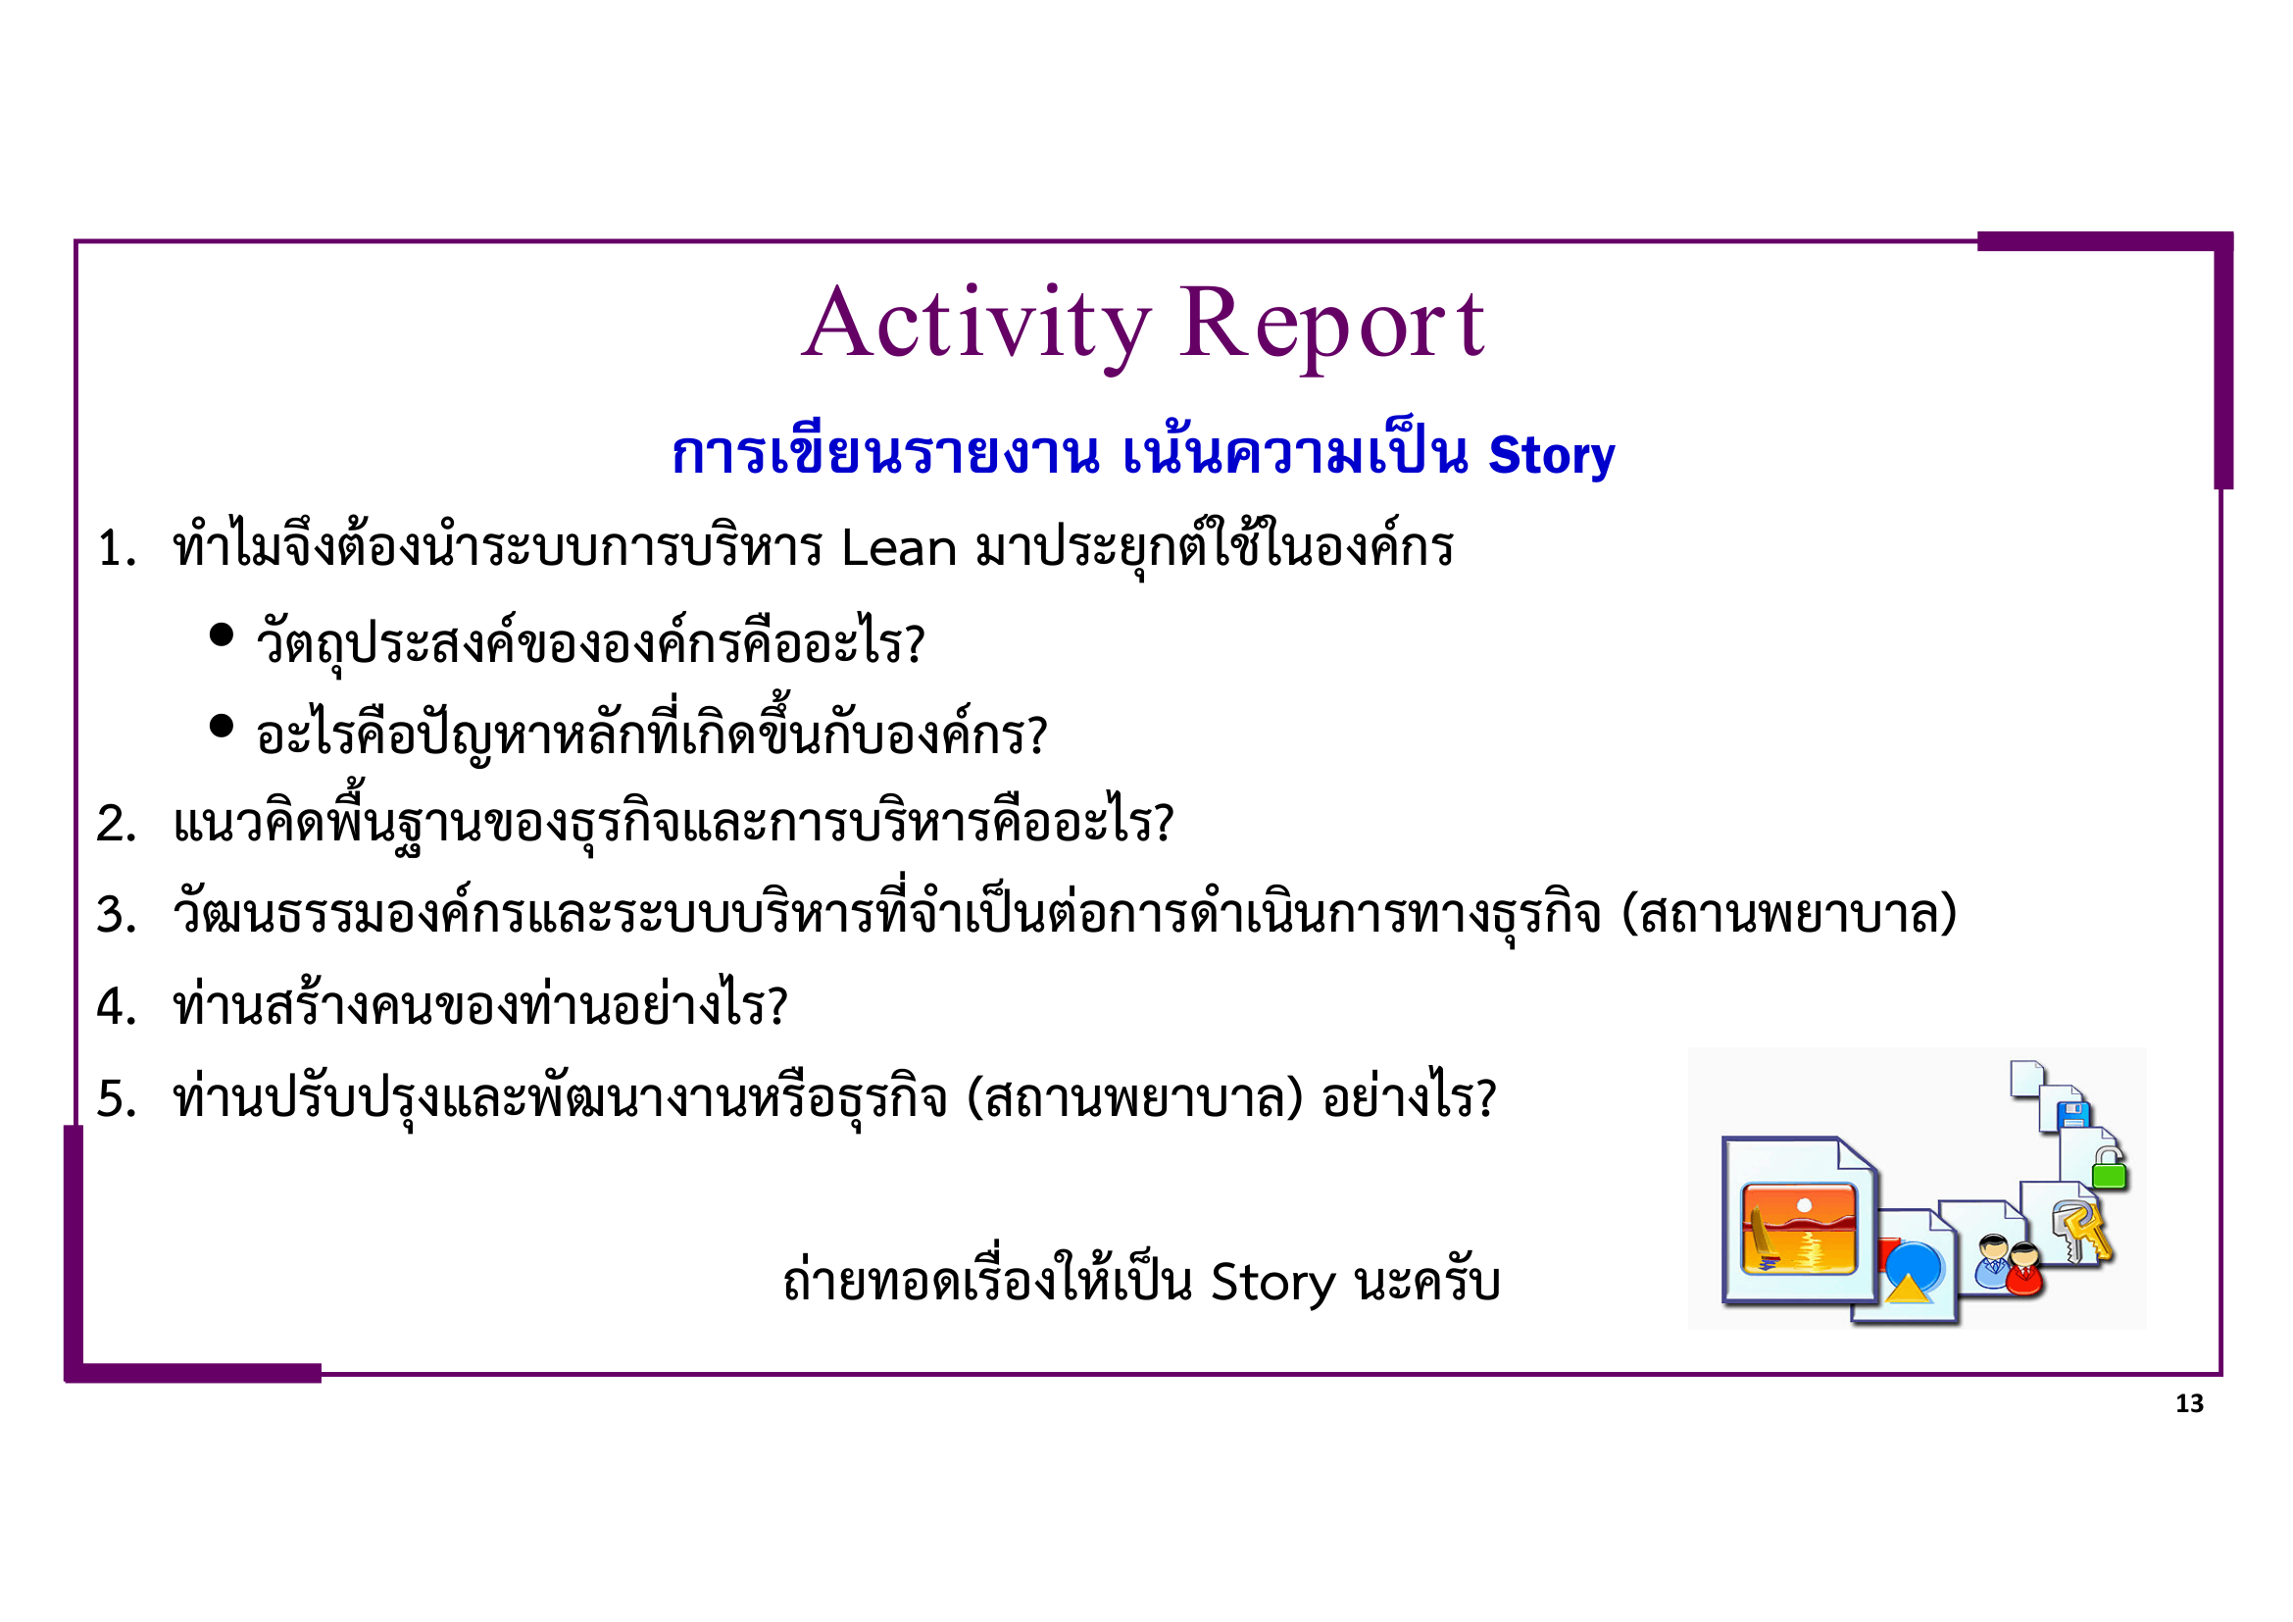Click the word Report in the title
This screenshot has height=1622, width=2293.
(1332, 325)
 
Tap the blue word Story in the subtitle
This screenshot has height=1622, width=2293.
(1550, 455)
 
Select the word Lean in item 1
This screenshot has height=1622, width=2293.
(899, 548)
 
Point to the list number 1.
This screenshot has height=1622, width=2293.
(116, 549)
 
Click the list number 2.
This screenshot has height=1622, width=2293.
(116, 825)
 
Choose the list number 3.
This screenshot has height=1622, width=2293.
(116, 916)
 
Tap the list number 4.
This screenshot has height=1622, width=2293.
(116, 1007)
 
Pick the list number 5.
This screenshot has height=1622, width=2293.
(116, 1098)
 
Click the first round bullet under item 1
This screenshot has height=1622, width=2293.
(222, 634)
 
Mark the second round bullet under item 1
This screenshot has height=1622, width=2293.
(222, 726)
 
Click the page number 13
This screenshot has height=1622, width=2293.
(2189, 1404)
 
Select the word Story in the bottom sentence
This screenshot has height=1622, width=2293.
(1272, 1283)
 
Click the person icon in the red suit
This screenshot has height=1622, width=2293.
(2024, 1268)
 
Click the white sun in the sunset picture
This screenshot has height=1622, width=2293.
(1804, 1205)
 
